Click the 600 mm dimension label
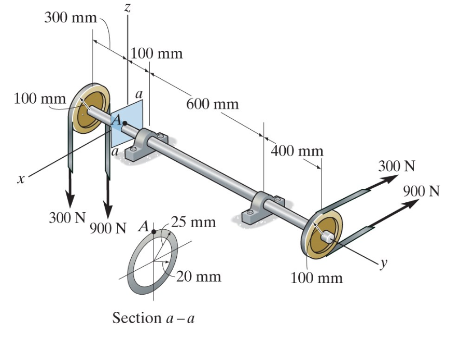212,104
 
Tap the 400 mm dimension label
297,151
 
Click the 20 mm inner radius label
199,276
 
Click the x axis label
21,178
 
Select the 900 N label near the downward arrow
108,228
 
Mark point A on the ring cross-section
153,231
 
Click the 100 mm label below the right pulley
316,278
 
